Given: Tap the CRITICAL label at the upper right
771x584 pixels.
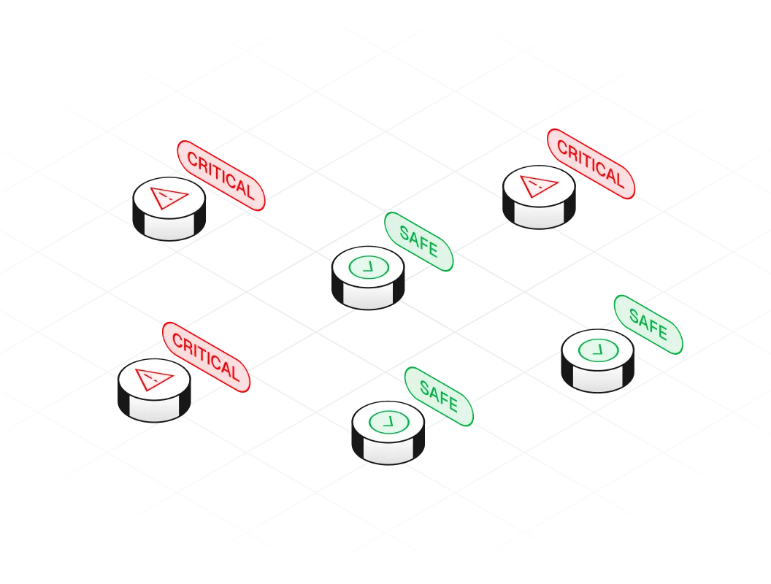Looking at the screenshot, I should click(591, 164).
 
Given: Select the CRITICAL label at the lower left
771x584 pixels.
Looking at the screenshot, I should click(206, 358).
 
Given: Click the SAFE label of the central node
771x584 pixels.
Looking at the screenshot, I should click(419, 242).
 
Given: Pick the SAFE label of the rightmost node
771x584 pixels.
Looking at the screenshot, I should click(648, 325).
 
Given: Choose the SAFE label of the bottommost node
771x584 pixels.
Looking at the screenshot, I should click(439, 397).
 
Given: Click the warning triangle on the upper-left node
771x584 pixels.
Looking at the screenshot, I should click(168, 196).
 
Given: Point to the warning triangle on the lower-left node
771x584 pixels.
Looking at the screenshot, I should click(154, 378).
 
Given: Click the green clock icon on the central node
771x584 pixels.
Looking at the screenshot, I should click(369, 267).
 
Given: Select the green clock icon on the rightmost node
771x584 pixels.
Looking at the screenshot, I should click(598, 350).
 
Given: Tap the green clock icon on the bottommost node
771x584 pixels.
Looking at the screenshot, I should click(388, 421).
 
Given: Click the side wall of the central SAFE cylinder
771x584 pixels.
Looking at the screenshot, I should click(369, 296).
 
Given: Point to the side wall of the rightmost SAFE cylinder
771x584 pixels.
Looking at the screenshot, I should click(598, 379).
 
